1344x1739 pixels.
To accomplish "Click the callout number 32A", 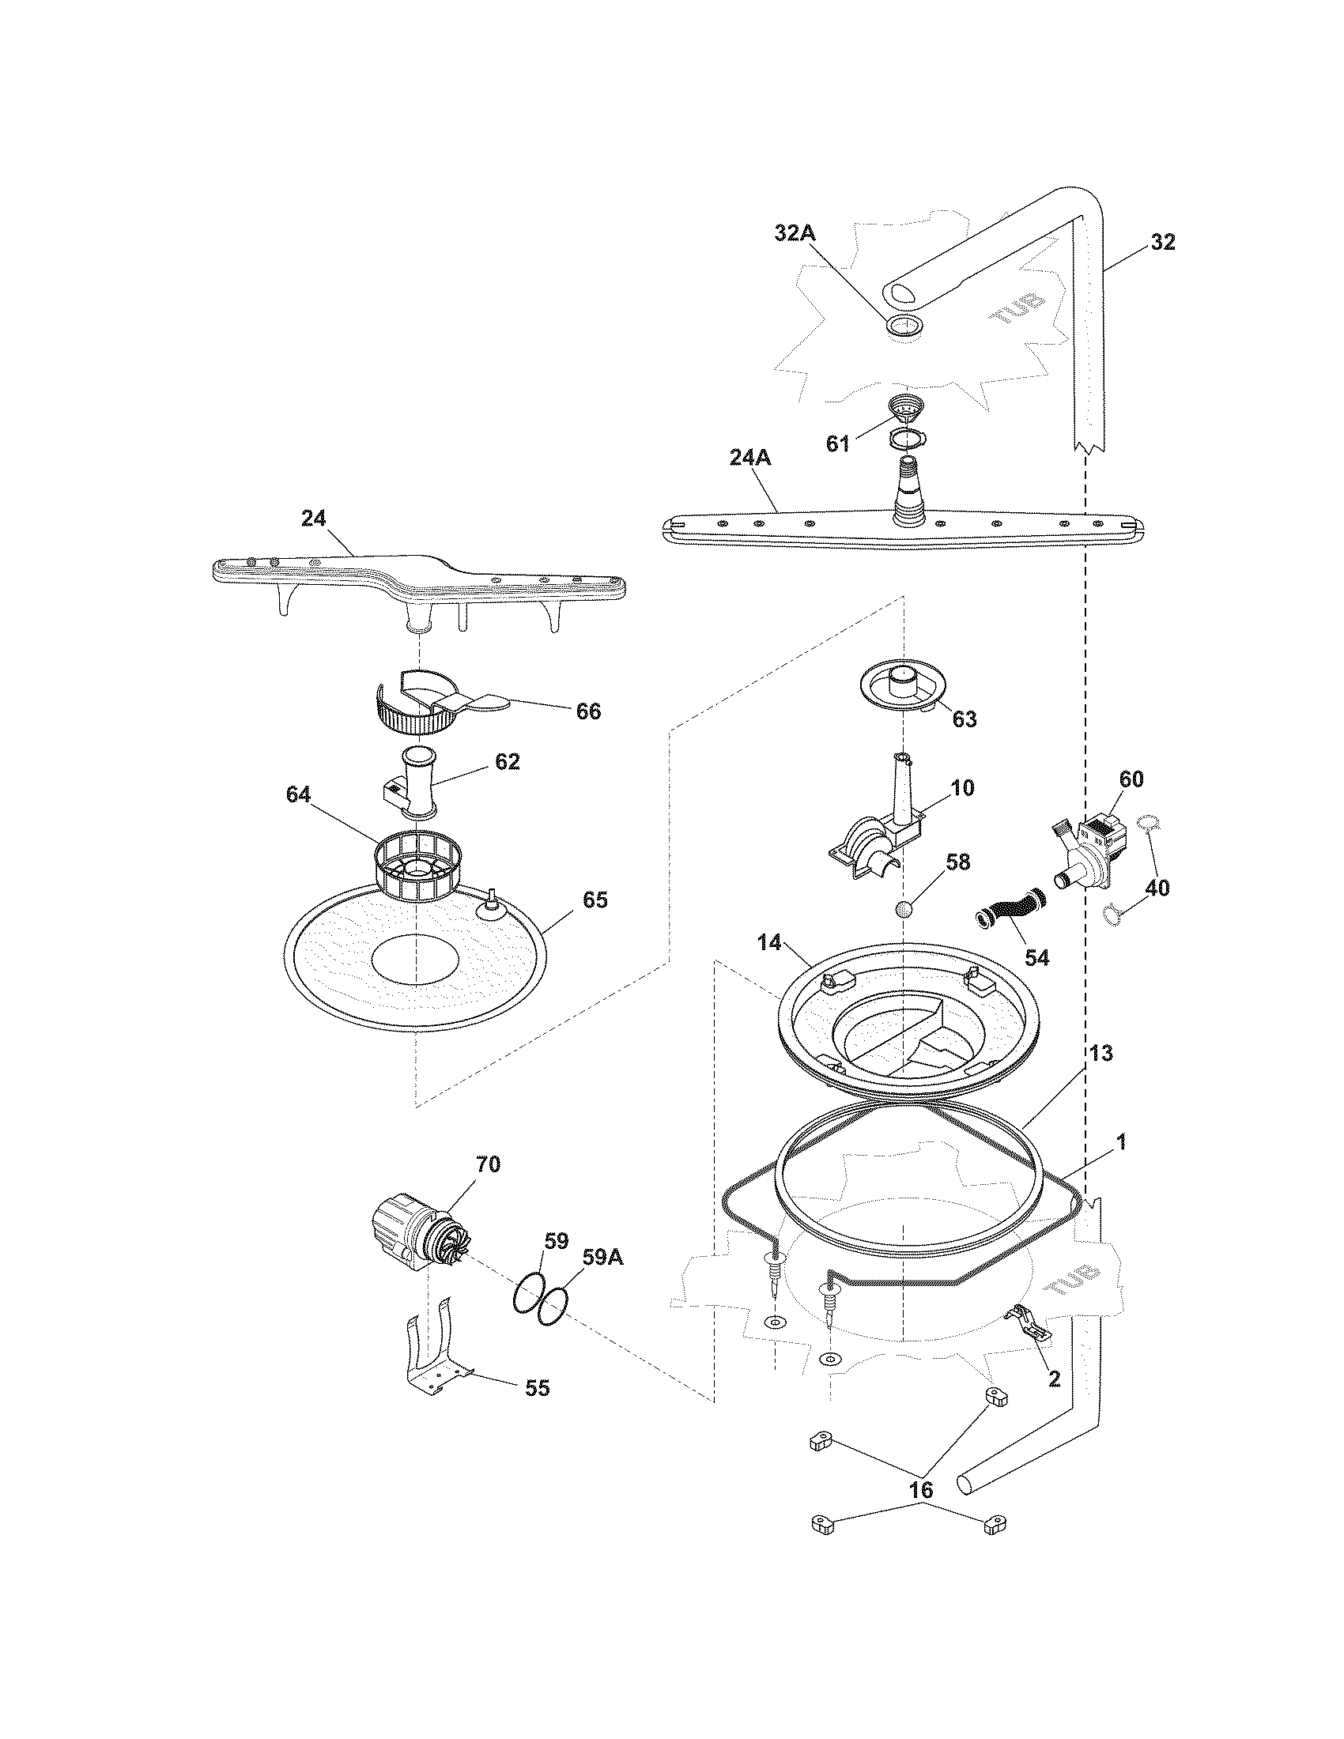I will pos(795,234).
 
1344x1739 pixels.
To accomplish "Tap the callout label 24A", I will pos(749,458).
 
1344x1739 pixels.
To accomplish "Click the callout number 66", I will pos(588,711).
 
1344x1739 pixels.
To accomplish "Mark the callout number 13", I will pos(1101,1054).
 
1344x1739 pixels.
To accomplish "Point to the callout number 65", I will pos(595,900).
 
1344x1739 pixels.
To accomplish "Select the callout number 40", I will pos(1157,888).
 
